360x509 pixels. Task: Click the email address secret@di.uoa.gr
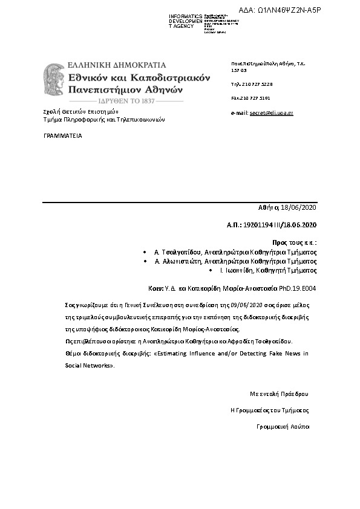(271, 113)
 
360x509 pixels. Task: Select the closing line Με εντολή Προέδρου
(279, 394)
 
